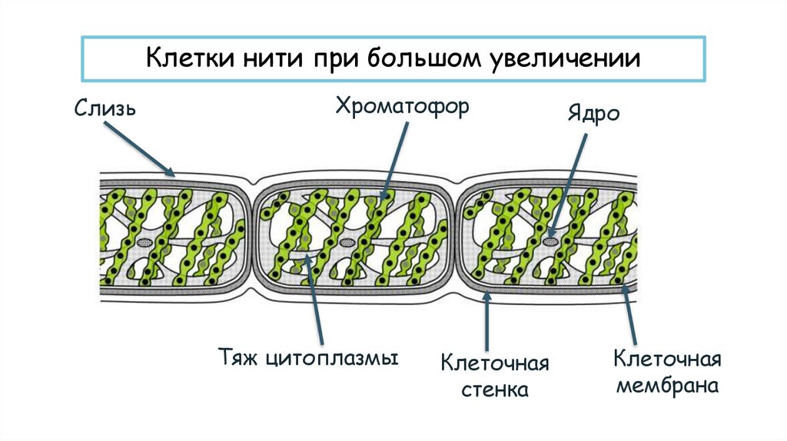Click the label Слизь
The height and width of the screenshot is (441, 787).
[x=105, y=108]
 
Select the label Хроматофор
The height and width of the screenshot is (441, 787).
[x=401, y=105]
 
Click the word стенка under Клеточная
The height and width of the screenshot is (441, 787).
[x=495, y=389]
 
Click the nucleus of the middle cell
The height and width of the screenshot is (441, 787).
[x=347, y=241]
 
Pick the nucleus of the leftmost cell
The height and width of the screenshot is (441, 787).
[x=144, y=241]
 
